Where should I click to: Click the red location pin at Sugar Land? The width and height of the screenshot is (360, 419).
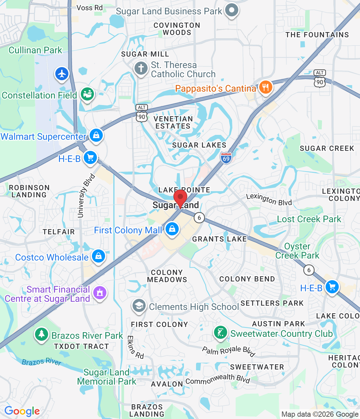(x=180, y=198)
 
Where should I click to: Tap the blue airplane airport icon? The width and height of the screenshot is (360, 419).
(x=62, y=74)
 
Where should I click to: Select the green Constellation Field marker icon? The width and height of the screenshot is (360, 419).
(x=87, y=94)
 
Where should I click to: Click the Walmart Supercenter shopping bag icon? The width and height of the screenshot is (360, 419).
(x=96, y=135)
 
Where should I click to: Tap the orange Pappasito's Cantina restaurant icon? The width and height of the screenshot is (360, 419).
(x=265, y=87)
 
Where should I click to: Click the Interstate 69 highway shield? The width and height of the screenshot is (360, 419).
(x=226, y=158)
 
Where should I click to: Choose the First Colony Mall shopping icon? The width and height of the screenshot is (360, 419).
(x=172, y=229)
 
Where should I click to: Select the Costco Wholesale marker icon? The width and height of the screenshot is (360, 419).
(x=99, y=256)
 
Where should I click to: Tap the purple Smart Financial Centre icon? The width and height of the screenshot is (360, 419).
(x=100, y=292)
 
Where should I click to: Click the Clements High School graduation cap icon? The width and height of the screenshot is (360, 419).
(x=139, y=306)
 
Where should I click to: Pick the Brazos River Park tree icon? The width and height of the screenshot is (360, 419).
(x=42, y=334)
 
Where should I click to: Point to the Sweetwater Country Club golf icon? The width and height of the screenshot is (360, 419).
(x=221, y=333)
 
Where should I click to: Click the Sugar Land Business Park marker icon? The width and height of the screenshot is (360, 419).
(x=232, y=10)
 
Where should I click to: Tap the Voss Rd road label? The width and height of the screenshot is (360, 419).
(x=89, y=8)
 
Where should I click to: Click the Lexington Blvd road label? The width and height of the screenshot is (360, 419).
(x=269, y=199)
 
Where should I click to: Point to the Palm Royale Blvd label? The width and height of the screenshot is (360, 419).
(x=228, y=351)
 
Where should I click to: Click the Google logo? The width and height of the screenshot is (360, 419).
(x=22, y=411)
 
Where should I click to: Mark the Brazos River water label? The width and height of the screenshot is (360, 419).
(x=42, y=361)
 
